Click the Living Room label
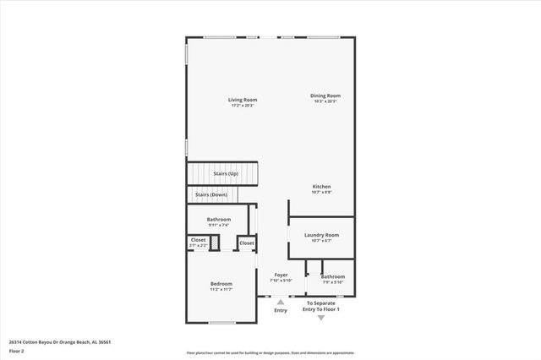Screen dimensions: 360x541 click(242, 101)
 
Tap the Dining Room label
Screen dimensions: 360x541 click(325, 95)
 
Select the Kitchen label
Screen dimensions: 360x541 click(321, 186)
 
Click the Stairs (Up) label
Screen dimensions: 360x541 click(225, 173)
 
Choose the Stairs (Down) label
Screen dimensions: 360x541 click(211, 194)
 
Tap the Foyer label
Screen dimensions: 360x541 click(281, 275)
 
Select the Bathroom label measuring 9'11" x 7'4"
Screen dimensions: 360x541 click(219, 219)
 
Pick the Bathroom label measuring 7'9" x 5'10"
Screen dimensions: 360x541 click(332, 276)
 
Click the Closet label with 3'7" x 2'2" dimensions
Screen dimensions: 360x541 click(198, 240)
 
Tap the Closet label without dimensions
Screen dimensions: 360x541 click(246, 243)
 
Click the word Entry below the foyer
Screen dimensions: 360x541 click(281, 310)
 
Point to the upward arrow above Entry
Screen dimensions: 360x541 click(281, 302)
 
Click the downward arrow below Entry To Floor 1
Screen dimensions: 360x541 click(320, 318)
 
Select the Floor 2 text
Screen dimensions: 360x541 click(17, 350)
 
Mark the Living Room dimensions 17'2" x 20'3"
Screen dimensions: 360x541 click(242, 106)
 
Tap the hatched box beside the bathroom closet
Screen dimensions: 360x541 click(215, 243)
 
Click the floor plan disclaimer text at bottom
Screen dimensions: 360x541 click(270, 352)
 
